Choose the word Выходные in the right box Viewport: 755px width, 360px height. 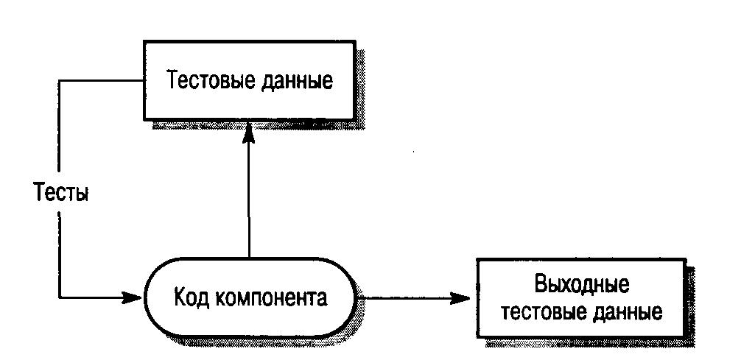point(582,283)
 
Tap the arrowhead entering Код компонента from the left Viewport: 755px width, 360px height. point(133,298)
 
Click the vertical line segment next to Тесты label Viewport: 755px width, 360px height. point(59,243)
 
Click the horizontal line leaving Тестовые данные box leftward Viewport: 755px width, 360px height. point(100,80)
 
